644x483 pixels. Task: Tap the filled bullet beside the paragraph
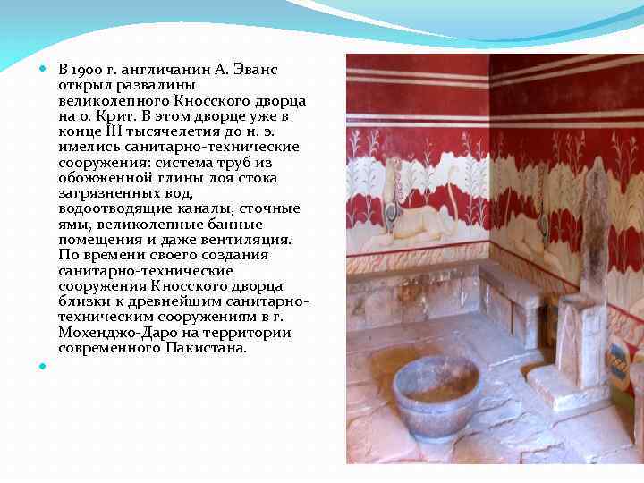(44, 69)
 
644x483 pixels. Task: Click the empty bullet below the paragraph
(44, 366)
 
